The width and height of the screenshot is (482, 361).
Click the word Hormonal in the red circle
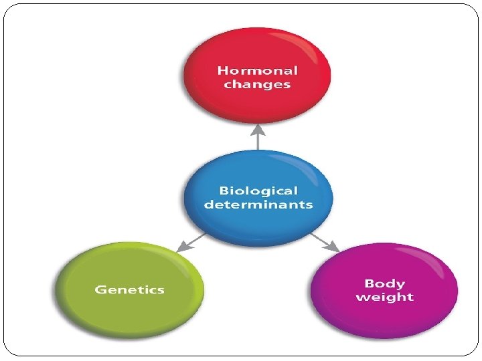click(258, 70)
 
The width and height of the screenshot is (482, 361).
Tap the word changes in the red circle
click(258, 85)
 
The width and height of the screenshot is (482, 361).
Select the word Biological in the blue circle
click(258, 191)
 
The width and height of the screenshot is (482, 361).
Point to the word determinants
click(258, 205)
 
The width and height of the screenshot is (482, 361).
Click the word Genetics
click(130, 289)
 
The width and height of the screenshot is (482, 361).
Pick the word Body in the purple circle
click(384, 283)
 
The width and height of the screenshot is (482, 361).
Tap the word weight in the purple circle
click(384, 297)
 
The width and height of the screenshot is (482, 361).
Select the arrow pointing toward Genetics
click(191, 242)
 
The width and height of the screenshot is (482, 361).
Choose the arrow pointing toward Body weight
click(325, 242)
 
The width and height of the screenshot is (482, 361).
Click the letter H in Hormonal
click(222, 70)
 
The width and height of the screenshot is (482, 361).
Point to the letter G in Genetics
click(100, 289)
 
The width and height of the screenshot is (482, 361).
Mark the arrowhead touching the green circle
click(181, 248)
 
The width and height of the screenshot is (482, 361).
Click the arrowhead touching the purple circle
click(334, 248)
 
